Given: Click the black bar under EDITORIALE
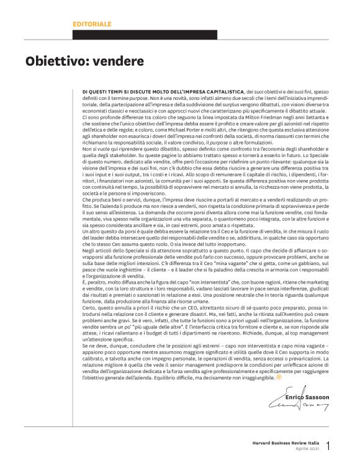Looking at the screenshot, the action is tap(145, 35).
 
